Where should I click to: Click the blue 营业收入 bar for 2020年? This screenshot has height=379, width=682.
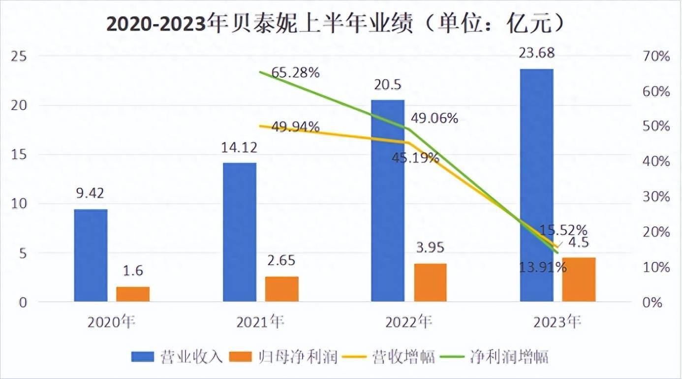[x=91, y=255]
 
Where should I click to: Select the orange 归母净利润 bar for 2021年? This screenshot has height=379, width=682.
[x=281, y=289]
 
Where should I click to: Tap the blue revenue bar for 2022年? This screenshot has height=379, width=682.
[x=387, y=200]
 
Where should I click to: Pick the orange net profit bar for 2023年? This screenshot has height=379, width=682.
[x=579, y=279]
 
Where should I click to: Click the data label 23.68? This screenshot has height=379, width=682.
[x=536, y=53]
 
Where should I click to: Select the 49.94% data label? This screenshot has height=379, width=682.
[x=295, y=127]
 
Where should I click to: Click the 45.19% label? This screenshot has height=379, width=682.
[x=416, y=158]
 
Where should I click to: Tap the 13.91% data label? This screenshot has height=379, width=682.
[x=543, y=268]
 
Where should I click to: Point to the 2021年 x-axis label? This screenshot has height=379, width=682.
[x=260, y=322]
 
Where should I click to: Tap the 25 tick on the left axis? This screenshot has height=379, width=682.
[x=20, y=57]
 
